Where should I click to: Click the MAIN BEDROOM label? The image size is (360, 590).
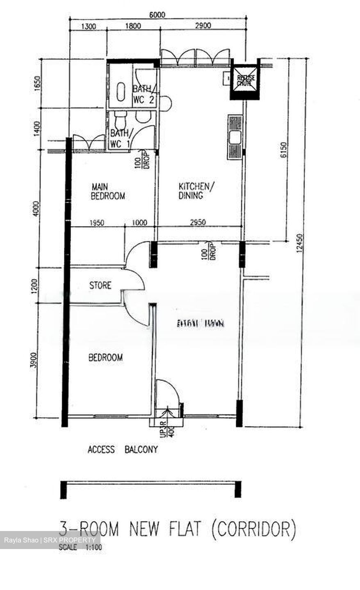pos(107,191)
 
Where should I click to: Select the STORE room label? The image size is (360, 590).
pos(100,285)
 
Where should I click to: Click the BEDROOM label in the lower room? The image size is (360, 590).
pos(106,358)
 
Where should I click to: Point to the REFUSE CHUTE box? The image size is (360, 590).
pos(245,80)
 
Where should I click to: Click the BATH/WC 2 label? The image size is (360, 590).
pos(144,95)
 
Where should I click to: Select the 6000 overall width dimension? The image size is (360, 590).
pos(157,15)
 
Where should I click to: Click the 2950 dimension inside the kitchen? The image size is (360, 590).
pos(198,222)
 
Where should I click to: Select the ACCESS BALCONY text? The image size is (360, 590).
pos(123,450)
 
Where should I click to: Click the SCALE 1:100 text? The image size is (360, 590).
pos(80,547)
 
